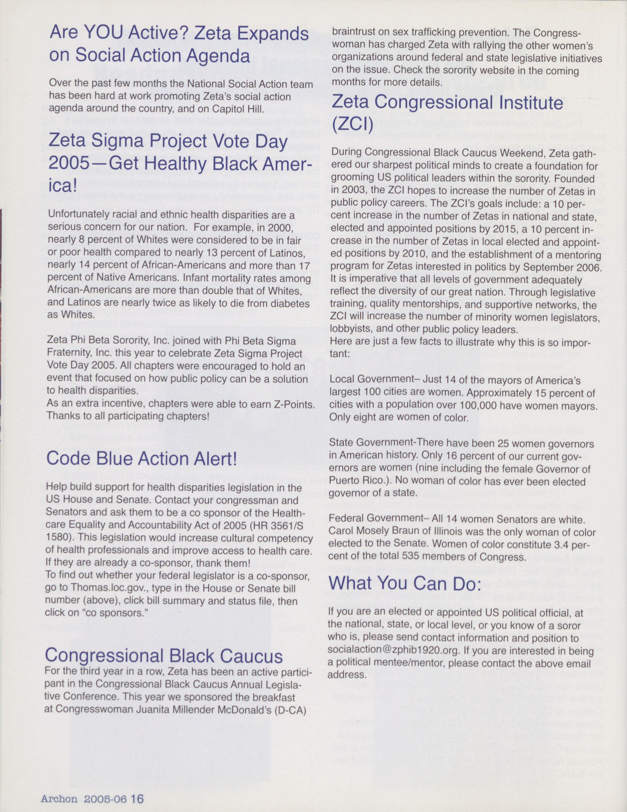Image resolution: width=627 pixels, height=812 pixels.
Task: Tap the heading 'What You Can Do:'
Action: [x=402, y=584]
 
